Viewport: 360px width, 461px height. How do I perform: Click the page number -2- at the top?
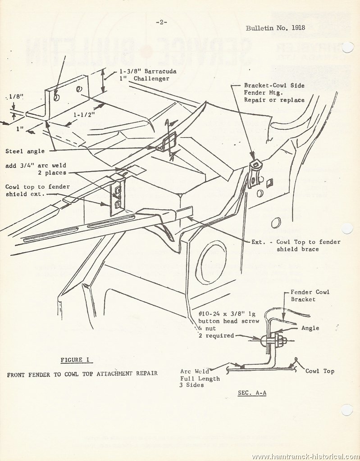tap(161, 22)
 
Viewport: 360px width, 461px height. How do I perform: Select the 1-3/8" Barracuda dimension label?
tap(148, 71)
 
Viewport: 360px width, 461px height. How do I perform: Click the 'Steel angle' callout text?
tap(25, 151)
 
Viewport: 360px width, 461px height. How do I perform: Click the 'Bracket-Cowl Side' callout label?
tap(274, 86)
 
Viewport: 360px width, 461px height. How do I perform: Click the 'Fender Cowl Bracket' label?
tap(310, 295)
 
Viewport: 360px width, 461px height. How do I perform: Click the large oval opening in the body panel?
tap(211, 262)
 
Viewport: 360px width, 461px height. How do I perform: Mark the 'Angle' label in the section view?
tap(310, 328)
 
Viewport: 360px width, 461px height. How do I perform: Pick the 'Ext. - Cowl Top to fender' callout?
tap(296, 242)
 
